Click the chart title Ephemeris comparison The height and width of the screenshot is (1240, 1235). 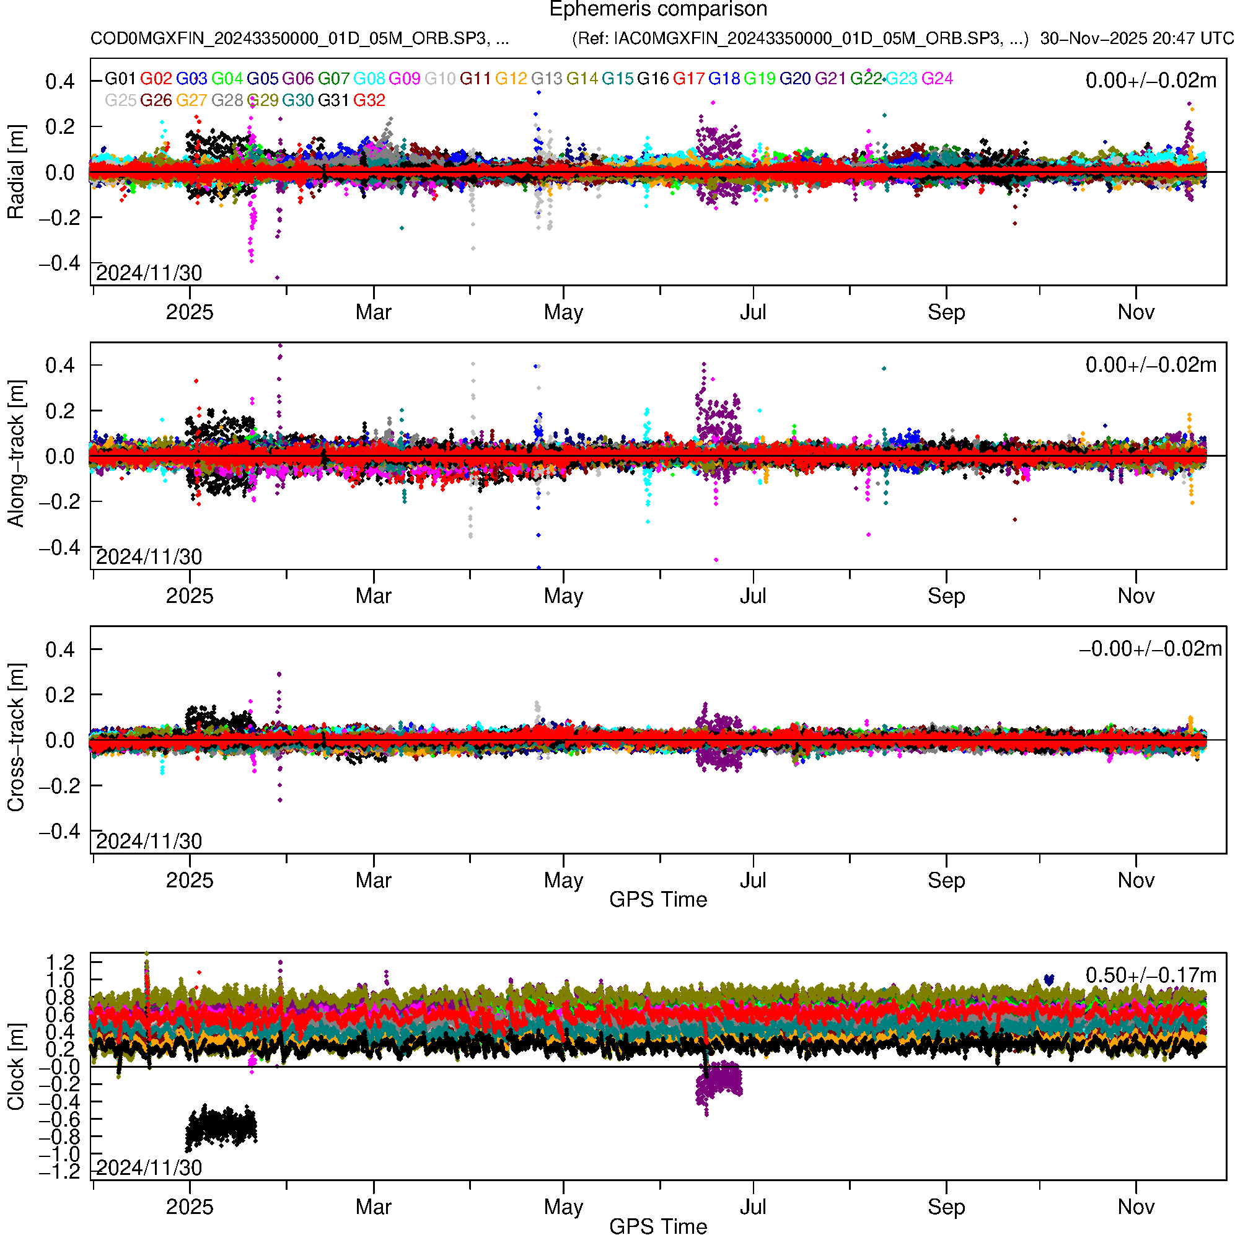(x=658, y=10)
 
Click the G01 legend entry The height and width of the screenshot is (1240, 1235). (x=120, y=79)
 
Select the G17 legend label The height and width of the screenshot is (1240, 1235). (x=688, y=79)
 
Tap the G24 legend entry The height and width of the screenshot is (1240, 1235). (x=937, y=79)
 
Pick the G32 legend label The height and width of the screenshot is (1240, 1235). (x=369, y=101)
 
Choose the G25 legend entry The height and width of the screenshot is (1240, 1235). (x=120, y=101)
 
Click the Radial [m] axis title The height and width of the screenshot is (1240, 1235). (x=15, y=172)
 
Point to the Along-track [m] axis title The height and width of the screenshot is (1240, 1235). (x=15, y=454)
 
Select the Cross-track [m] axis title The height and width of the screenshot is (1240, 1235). (x=15, y=738)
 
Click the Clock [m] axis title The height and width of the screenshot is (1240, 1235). (x=15, y=1066)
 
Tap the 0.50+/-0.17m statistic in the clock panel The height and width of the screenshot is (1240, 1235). (x=1150, y=975)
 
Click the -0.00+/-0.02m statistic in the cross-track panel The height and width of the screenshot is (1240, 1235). (x=1150, y=649)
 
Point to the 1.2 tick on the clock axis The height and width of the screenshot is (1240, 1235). (x=60, y=963)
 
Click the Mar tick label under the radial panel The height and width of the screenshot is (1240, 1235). (x=374, y=312)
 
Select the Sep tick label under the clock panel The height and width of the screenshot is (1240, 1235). (x=946, y=1207)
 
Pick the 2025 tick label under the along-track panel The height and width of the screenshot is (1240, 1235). (x=190, y=596)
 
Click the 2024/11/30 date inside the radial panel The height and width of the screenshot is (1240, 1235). (x=149, y=273)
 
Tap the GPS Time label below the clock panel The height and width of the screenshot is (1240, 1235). (x=658, y=1226)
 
